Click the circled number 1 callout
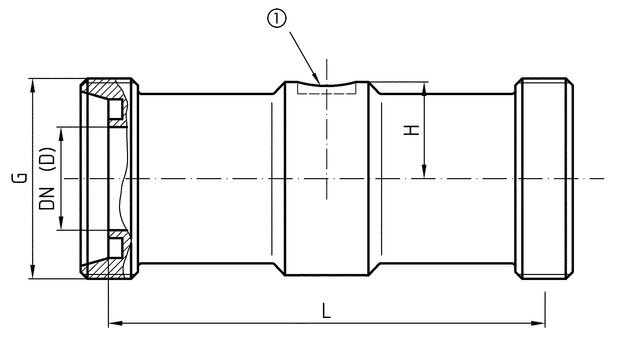[277, 20]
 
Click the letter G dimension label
[20, 178]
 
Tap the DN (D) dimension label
[47, 178]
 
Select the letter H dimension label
[411, 130]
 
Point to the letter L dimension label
[326, 311]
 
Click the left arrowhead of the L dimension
[115, 323]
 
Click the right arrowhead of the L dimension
[539, 323]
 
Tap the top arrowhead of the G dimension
[32, 85]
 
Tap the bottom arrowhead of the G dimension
[32, 271]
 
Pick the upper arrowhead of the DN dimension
[61, 134]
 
